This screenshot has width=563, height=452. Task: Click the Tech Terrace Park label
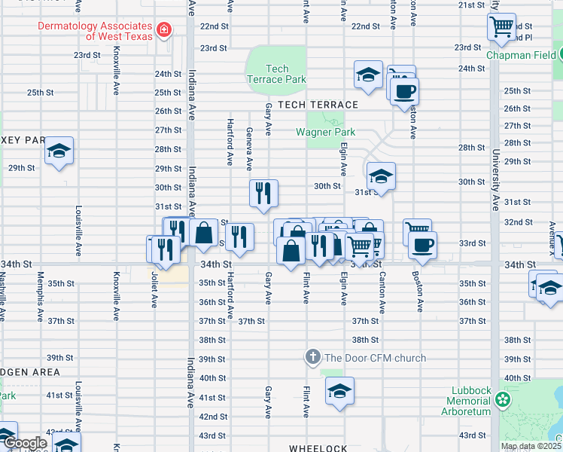click(276, 74)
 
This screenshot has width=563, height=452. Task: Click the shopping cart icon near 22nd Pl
click(501, 28)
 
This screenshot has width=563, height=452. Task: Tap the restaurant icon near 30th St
click(264, 194)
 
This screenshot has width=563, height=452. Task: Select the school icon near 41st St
click(339, 391)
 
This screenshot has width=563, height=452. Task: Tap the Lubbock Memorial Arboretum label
click(471, 401)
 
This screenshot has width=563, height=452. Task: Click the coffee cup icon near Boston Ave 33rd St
click(423, 243)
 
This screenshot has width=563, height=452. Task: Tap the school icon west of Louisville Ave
click(58, 150)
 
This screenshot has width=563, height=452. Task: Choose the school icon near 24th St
click(368, 75)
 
